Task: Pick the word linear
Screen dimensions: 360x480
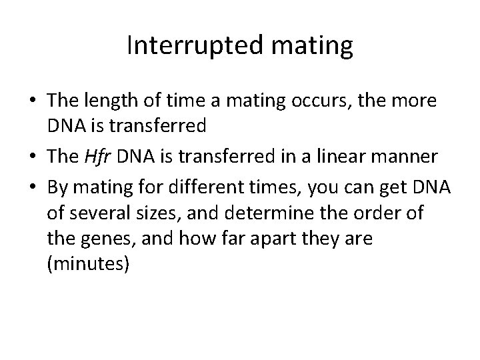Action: pyautogui.click(x=351, y=157)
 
